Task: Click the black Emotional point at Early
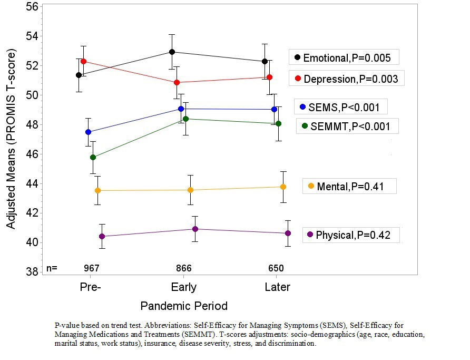[x=172, y=52]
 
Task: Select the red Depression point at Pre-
[x=83, y=61]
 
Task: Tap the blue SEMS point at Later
[x=274, y=109]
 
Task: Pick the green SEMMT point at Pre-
[x=93, y=157]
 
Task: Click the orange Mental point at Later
[x=283, y=187]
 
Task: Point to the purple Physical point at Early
[x=195, y=229]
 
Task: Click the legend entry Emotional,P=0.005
[x=342, y=57]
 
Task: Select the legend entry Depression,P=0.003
[x=346, y=79]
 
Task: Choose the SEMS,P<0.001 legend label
[x=341, y=107]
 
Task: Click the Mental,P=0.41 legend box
[x=349, y=186]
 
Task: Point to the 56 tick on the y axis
[x=31, y=7]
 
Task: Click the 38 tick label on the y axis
[x=31, y=272]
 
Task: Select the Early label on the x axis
[x=184, y=287]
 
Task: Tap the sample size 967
[x=92, y=268]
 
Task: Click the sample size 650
[x=276, y=268]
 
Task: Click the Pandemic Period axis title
[x=184, y=306]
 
